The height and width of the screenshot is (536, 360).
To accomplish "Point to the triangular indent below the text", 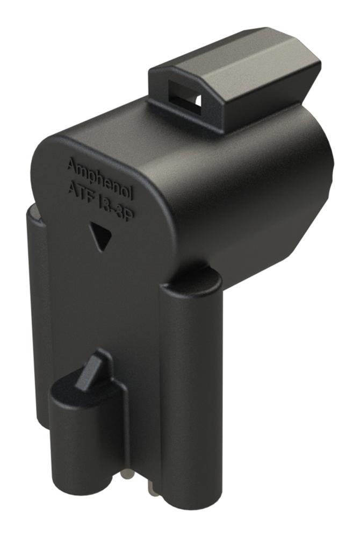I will click(100, 235).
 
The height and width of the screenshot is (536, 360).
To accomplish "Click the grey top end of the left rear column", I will click(33, 214).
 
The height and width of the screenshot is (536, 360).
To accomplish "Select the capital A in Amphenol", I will click(71, 164).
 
